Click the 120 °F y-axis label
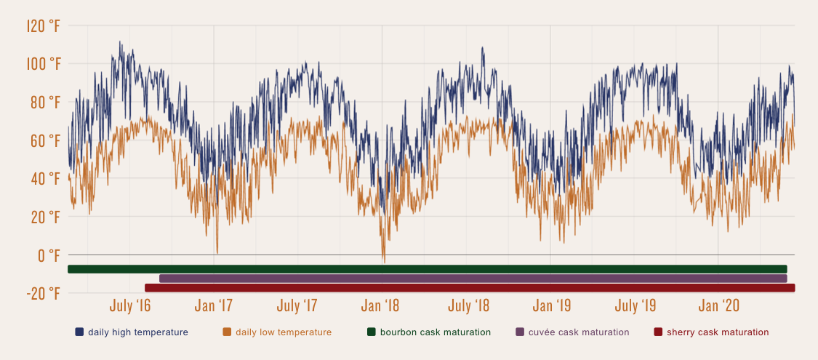pos(44,26)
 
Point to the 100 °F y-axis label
pos(44,64)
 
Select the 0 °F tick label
pos(49,255)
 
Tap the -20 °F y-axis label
pos(44,293)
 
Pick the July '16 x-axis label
pos(130,305)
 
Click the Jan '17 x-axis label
pos(214,305)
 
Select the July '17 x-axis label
pos(298,305)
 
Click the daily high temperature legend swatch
pos(79,332)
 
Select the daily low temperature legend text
pos(283,332)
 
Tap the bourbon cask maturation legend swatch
pos(372,332)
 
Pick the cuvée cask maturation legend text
pos(578,332)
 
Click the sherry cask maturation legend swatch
pos(658,332)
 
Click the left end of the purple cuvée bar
pos(161,279)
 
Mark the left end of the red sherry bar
pos(147,288)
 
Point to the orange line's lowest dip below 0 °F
pos(384,262)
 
